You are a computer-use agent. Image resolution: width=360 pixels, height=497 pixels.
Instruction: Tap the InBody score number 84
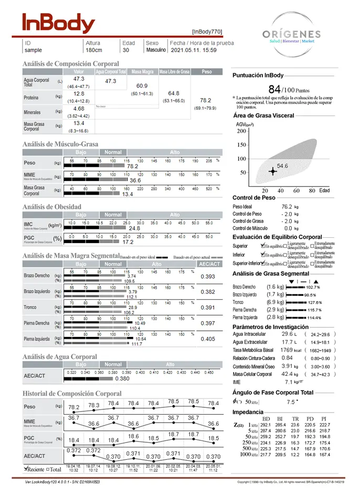click(x=274, y=89)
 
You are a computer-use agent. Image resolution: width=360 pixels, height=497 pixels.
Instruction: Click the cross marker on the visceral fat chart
click(x=272, y=171)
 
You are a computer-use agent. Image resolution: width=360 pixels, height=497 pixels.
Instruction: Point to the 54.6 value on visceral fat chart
click(x=282, y=165)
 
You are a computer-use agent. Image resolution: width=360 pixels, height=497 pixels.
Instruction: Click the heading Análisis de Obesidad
click(x=51, y=207)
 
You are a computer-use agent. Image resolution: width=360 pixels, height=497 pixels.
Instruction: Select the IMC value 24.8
click(x=134, y=228)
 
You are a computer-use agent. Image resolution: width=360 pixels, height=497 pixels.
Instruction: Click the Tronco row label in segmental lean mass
click(x=30, y=307)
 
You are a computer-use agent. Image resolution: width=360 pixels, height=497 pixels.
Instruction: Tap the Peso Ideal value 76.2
click(x=287, y=207)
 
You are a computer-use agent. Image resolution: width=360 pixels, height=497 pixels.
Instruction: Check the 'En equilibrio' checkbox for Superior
click(x=262, y=246)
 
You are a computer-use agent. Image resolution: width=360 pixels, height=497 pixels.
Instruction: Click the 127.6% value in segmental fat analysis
click(x=315, y=302)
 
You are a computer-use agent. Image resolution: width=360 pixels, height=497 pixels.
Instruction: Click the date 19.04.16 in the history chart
click(x=73, y=467)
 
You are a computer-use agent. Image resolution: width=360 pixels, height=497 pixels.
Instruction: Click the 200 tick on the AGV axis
click(x=241, y=131)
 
